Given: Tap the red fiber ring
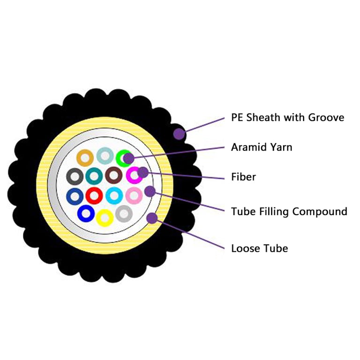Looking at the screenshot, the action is [89, 196].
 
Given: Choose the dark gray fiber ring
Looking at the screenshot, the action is [69, 177].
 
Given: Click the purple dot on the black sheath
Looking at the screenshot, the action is [180, 134].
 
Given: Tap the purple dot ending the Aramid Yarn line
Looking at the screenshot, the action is [129, 158].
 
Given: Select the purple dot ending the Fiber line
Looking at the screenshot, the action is [143, 172].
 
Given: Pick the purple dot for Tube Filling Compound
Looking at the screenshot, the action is [150, 191].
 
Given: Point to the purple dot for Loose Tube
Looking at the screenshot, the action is [152, 218].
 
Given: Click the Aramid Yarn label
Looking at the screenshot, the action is [262, 147].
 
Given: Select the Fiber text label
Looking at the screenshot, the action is [243, 177].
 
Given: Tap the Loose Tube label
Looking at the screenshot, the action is [260, 248].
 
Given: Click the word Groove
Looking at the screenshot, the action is [326, 118].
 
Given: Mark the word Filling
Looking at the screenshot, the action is [274, 212].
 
